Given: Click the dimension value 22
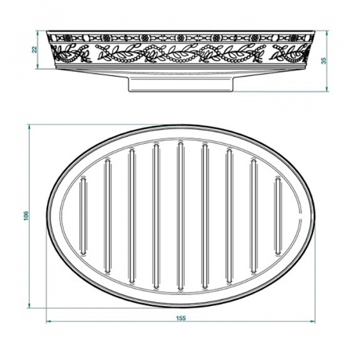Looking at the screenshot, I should [35, 49].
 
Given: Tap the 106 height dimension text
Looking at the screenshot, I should [25, 215].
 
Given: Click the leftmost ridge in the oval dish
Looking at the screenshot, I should [83, 216].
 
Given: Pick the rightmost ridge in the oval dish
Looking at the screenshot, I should [278, 216].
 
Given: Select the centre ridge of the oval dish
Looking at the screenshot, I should [180, 216].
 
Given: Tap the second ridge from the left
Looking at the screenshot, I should [107, 216].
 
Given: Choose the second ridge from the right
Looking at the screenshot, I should [253, 216].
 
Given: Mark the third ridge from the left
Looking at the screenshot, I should [131, 216].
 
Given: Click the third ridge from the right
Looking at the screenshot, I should [229, 216].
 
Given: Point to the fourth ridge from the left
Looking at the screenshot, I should [156, 216].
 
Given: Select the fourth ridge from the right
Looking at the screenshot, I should [205, 216].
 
